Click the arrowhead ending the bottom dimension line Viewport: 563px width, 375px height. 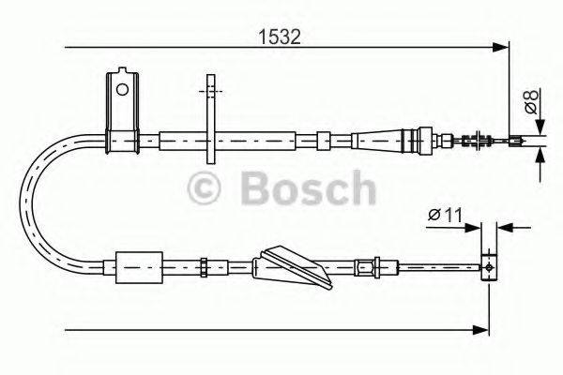482,328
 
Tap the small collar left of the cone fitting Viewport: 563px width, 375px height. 322,141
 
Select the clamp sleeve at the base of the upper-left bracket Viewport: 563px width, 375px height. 122,142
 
